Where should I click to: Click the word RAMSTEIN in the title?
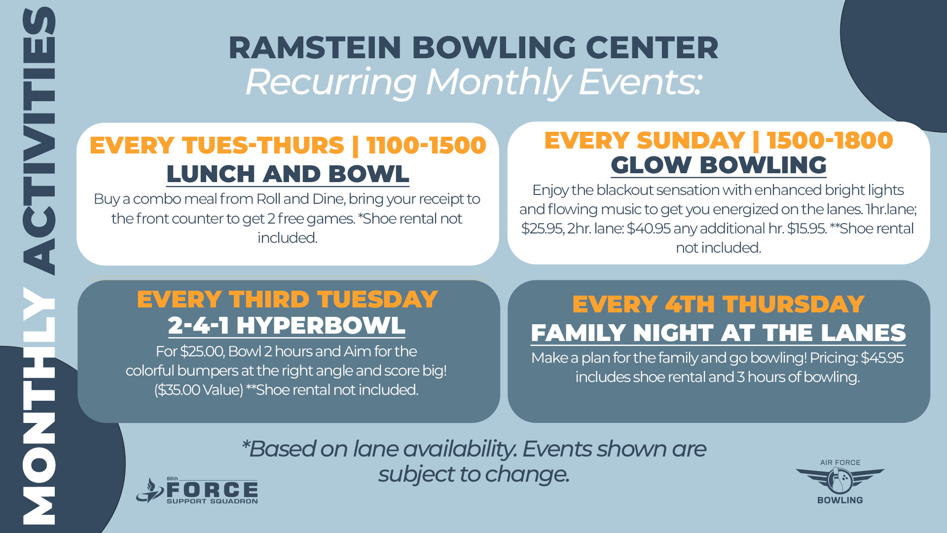tap(314, 48)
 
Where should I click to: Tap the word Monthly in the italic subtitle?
tap(498, 82)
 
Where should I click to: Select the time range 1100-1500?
tap(426, 145)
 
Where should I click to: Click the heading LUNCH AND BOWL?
tap(288, 174)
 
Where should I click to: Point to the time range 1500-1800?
tap(830, 140)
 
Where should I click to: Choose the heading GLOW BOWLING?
tap(718, 165)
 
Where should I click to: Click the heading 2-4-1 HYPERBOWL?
tap(287, 325)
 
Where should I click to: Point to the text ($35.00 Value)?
tap(199, 390)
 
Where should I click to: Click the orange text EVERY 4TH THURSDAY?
tap(718, 304)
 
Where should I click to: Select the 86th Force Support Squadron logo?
tap(197, 491)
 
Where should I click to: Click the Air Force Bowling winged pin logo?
tap(840, 481)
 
